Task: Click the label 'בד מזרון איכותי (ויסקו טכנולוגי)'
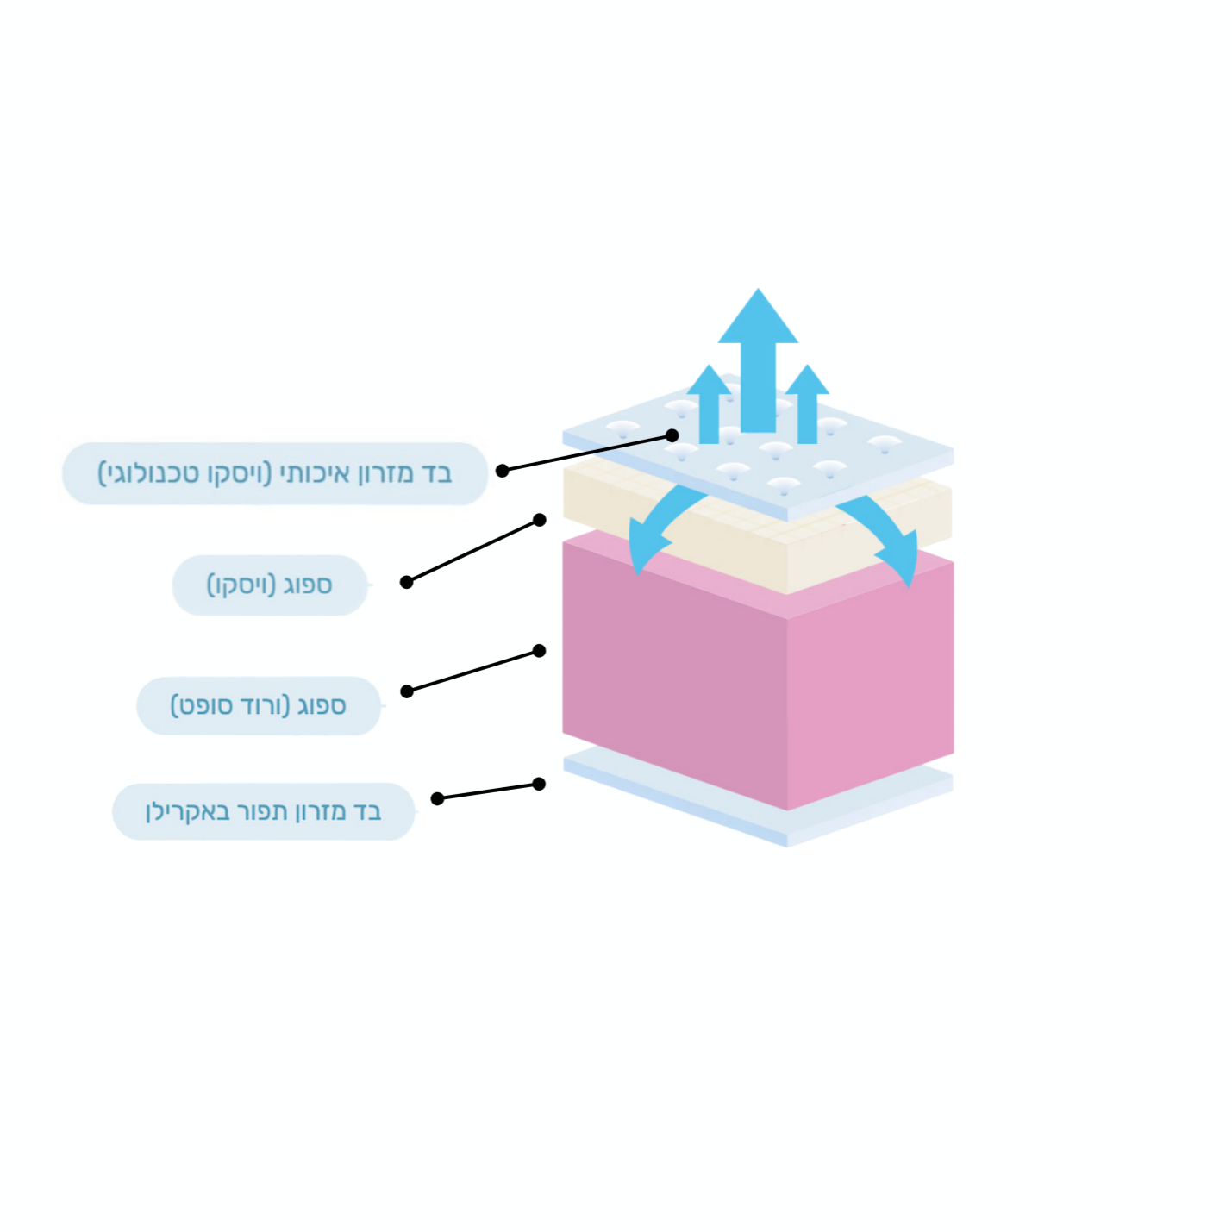pyautogui.click(x=275, y=474)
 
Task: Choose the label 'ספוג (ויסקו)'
pyautogui.click(x=270, y=585)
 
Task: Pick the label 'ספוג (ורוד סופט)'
pyautogui.click(x=259, y=706)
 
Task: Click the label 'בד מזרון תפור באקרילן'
pyautogui.click(x=264, y=812)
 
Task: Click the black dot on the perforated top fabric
pyautogui.click(x=672, y=435)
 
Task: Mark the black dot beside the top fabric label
pyautogui.click(x=503, y=471)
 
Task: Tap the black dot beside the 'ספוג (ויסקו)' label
pyautogui.click(x=407, y=582)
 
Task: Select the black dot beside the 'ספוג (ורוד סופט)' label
pyautogui.click(x=407, y=691)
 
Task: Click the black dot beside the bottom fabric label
pyautogui.click(x=437, y=798)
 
